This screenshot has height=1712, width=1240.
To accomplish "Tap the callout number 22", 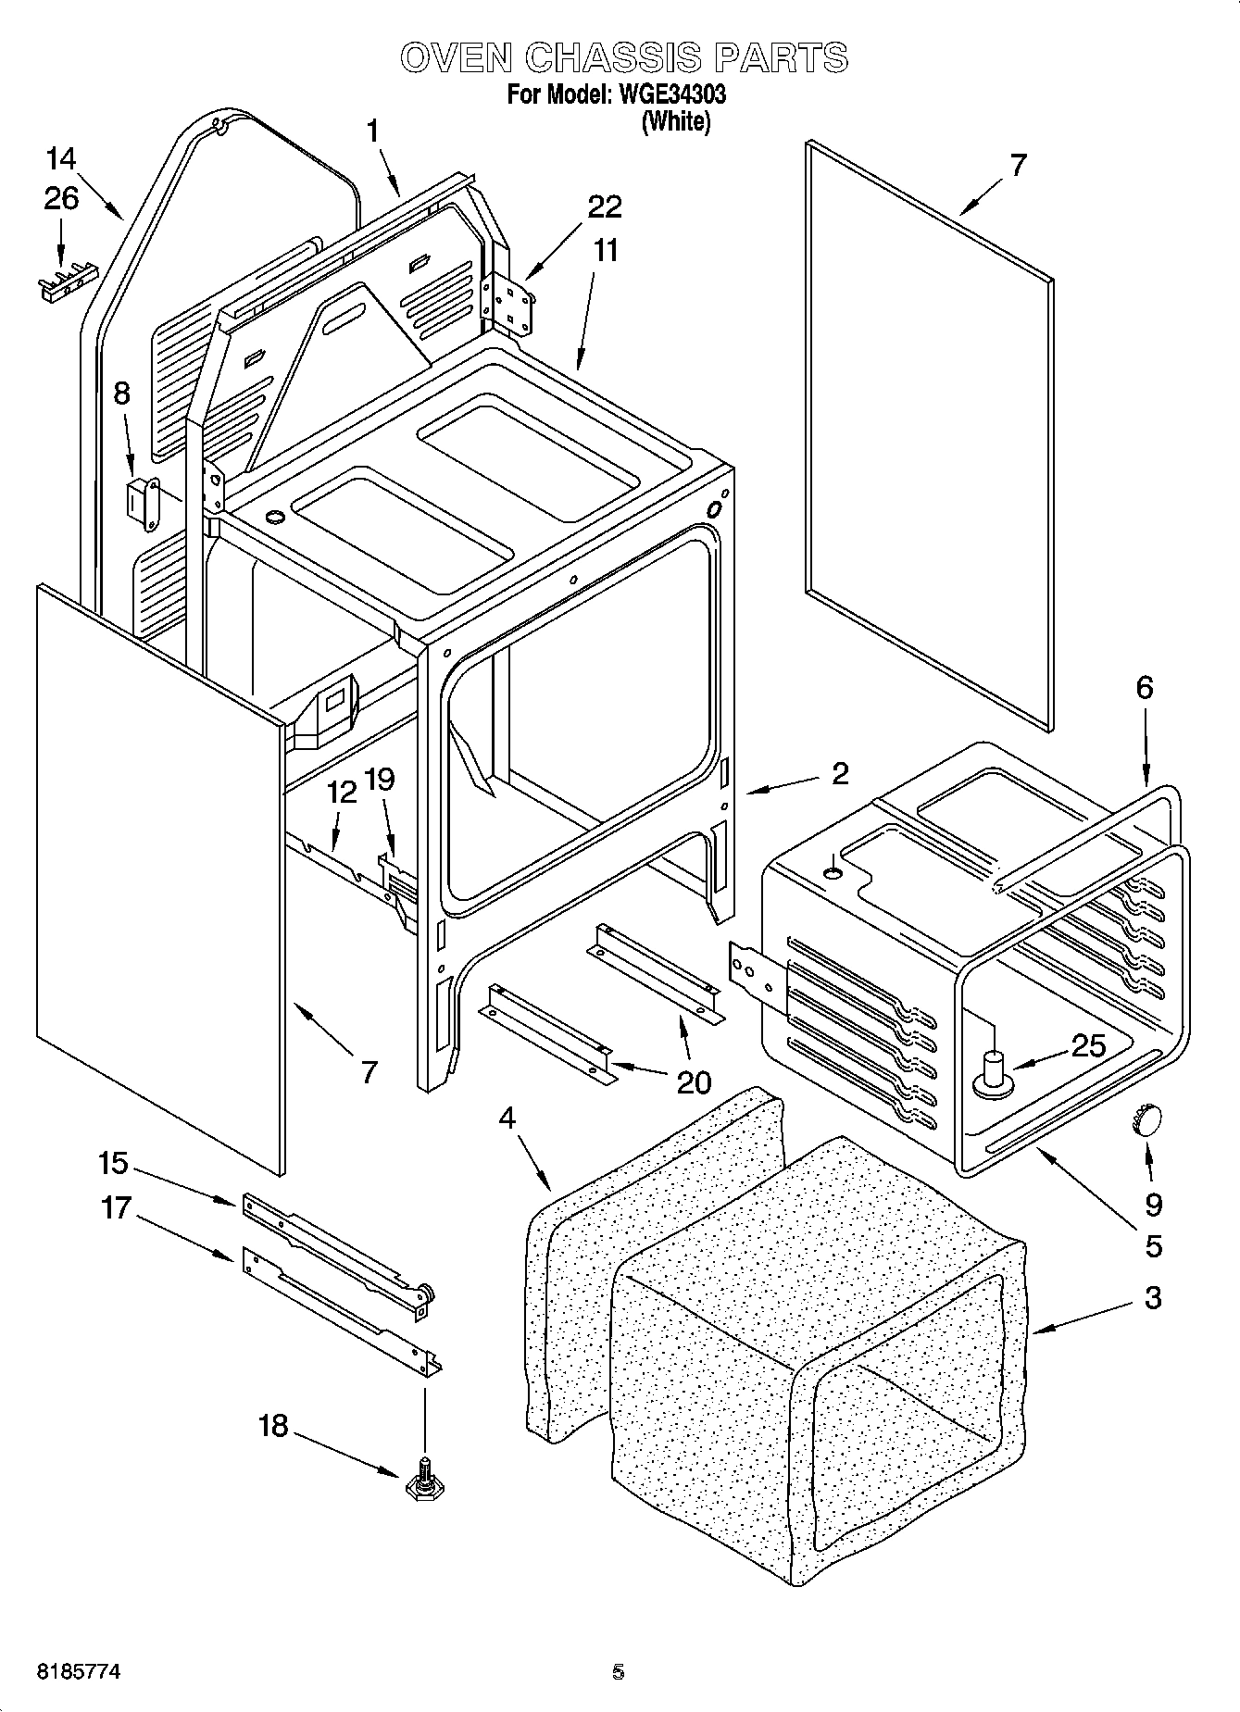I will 604,206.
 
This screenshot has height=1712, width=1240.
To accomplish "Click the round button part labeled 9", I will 1146,1119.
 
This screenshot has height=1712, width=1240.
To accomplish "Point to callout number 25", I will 1087,1046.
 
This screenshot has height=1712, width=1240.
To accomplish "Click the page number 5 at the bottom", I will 618,1672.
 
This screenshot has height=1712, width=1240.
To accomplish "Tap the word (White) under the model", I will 675,121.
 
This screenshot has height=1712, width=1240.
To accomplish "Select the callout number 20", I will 694,1081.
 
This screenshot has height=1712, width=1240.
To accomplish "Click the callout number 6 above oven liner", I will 1145,687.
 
